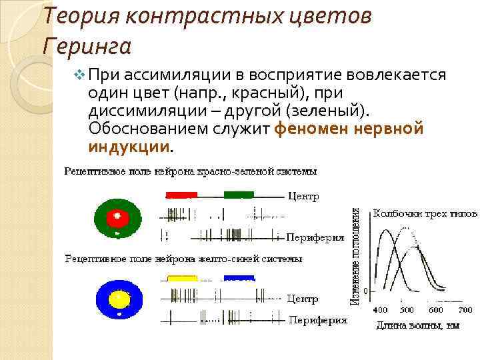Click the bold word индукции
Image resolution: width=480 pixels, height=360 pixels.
point(129,145)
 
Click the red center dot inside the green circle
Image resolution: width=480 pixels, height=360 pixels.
point(118,216)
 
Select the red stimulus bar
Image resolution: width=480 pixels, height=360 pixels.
point(181,195)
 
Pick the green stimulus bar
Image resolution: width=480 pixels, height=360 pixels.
point(239,195)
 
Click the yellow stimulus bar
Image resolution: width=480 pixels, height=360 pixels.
point(182,278)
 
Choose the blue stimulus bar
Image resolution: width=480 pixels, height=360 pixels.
point(239,278)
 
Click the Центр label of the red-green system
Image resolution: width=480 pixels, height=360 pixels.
point(303,197)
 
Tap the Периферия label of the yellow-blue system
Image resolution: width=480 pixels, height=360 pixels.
point(317,320)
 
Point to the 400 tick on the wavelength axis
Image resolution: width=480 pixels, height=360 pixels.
point(379,310)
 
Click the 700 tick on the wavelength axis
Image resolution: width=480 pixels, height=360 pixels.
point(464,310)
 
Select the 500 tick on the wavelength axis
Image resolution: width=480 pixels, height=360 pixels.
point(407,310)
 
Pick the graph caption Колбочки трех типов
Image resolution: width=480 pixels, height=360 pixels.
point(425,214)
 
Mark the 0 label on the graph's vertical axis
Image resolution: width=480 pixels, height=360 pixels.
point(366,291)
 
